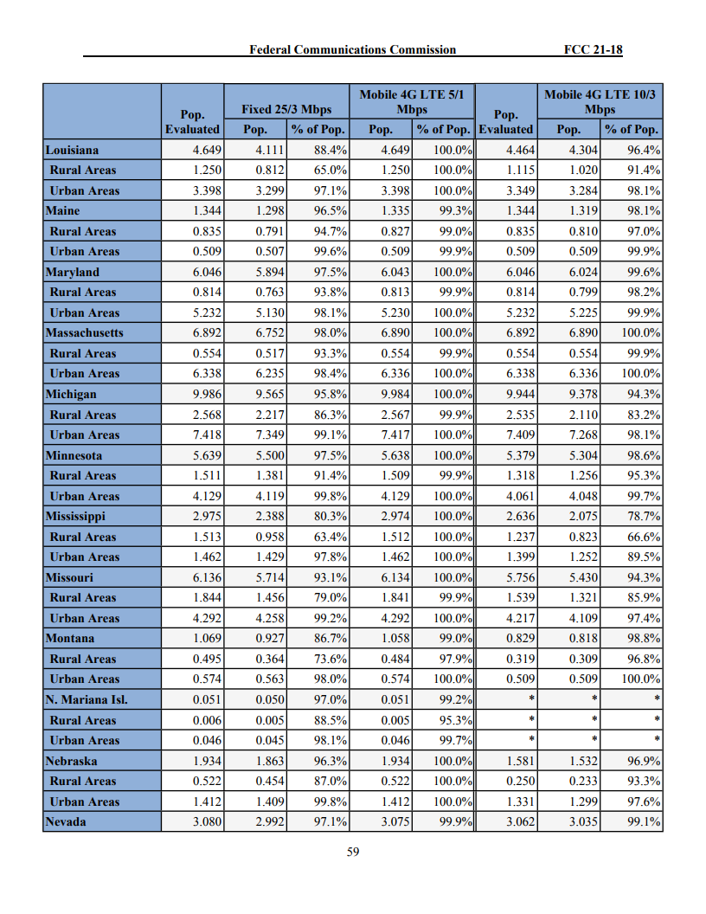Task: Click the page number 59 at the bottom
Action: (353, 852)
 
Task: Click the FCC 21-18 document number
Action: (593, 49)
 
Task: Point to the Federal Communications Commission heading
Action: (352, 49)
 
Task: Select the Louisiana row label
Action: (72, 150)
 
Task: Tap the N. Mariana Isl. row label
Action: (87, 699)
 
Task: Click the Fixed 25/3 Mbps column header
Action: (286, 109)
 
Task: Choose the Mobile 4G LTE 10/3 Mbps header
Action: (600, 101)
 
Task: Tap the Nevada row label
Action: (66, 821)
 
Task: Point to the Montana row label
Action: (70, 638)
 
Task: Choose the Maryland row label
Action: (73, 272)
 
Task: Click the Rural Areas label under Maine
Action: (83, 231)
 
